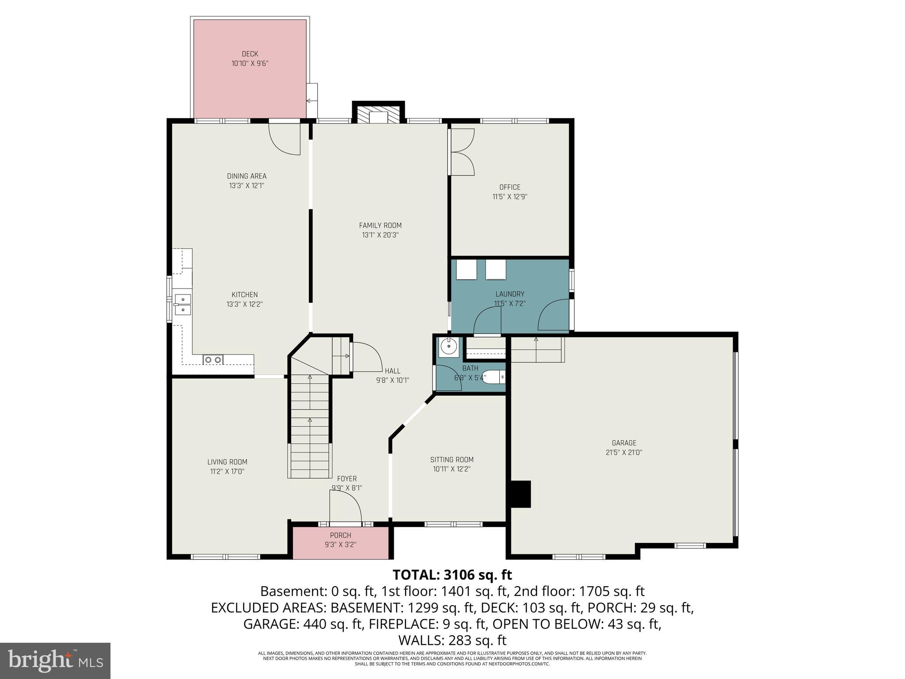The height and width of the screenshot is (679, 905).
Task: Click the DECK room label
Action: [250, 54]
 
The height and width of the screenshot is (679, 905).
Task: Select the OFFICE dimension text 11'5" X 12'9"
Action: [510, 197]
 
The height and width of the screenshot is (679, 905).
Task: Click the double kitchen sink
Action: [182, 305]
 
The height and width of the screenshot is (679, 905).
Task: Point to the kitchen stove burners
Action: [213, 360]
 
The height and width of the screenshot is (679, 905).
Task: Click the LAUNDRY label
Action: [510, 294]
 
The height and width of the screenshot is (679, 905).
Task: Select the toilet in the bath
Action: [493, 378]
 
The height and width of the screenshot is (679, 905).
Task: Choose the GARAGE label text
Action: [624, 443]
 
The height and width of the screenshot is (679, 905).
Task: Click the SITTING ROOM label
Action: [452, 460]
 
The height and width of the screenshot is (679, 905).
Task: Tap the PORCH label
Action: [340, 535]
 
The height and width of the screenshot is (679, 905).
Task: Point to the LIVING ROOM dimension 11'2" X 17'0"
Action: [227, 472]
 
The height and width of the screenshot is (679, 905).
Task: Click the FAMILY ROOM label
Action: [380, 225]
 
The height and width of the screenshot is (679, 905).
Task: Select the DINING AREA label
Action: [247, 176]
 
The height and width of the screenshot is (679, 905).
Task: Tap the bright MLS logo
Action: [55, 660]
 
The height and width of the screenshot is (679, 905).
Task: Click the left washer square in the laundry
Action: [466, 270]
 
